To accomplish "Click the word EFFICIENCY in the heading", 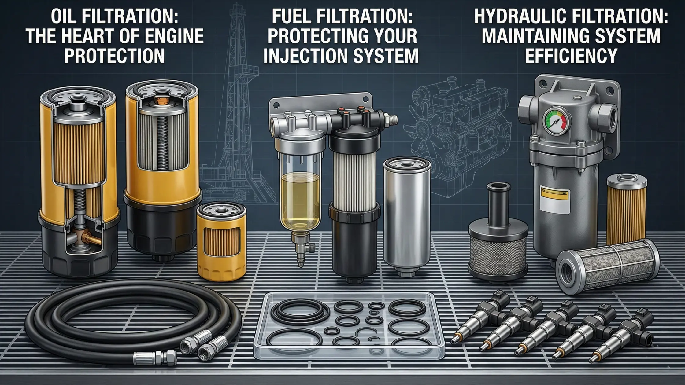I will pos(571,56).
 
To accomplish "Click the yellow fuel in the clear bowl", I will pos(301,199).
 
